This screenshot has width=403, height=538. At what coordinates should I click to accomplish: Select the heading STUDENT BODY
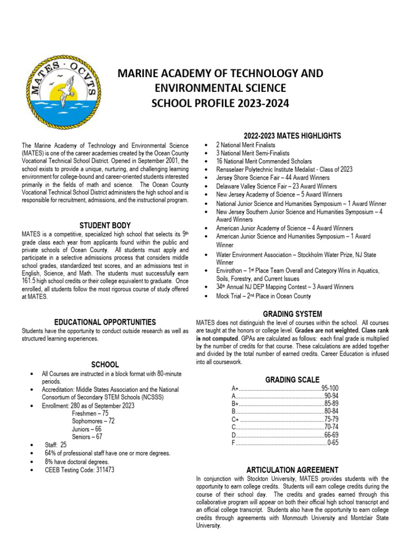coord(105,225)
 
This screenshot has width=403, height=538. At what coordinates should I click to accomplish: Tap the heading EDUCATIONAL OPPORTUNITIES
coord(105,322)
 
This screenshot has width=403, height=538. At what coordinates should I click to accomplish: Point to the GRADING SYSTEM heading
coord(292,314)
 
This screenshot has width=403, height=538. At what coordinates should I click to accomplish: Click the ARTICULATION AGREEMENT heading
coord(292,470)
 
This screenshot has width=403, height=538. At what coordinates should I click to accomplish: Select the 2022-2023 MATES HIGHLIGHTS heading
coord(292,136)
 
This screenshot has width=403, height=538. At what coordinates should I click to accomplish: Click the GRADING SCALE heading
coord(292,380)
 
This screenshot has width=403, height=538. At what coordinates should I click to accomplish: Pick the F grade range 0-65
coord(332,443)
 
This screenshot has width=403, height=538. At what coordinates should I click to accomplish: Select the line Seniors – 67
coord(87,437)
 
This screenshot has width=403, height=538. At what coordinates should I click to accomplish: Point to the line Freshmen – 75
coord(90,413)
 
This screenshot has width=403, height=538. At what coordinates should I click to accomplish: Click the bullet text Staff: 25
coord(56,445)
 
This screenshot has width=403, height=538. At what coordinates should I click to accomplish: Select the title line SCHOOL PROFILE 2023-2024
coord(220,103)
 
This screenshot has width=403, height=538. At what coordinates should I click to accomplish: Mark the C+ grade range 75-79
coord(331,419)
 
